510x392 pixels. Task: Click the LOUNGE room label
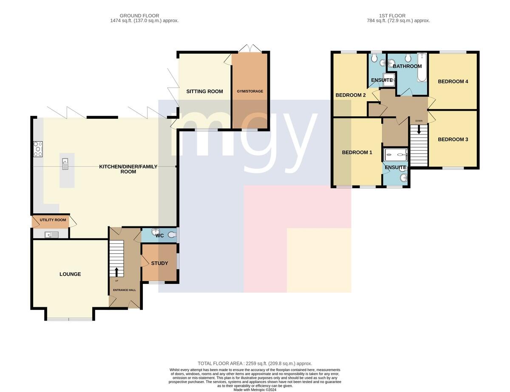(70, 274)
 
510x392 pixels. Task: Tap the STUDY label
(159, 263)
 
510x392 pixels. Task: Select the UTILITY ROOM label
(53, 220)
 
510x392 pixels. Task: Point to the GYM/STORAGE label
(250, 91)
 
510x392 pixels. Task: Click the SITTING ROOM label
(204, 92)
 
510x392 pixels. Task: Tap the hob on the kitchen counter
(38, 149)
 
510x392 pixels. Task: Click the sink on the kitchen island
(65, 164)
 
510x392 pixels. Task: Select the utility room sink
(51, 235)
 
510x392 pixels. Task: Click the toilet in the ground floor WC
(173, 235)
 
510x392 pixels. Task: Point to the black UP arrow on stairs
(116, 272)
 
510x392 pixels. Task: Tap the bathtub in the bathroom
(422, 67)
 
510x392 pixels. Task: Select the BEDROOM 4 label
(453, 81)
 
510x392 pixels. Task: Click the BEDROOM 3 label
(453, 139)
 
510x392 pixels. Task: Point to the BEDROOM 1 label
(357, 152)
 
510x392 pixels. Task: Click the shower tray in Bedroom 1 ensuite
(396, 155)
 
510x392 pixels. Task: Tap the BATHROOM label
(407, 66)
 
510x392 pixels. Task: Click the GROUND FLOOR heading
(139, 16)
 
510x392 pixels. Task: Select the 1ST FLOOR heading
(392, 16)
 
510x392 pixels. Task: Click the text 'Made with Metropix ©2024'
(255, 389)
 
